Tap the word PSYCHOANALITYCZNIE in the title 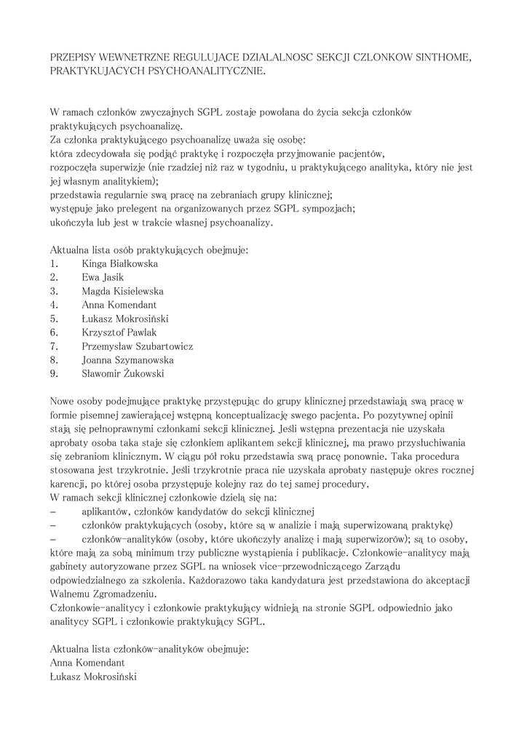click(x=207, y=71)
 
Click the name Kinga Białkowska click(x=120, y=263)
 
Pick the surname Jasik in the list click(x=113, y=277)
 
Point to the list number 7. click(x=54, y=346)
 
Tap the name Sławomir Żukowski click(x=123, y=374)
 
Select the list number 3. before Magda click(x=54, y=291)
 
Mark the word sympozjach click(x=329, y=208)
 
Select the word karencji click(x=70, y=484)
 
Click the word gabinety click(x=69, y=566)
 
